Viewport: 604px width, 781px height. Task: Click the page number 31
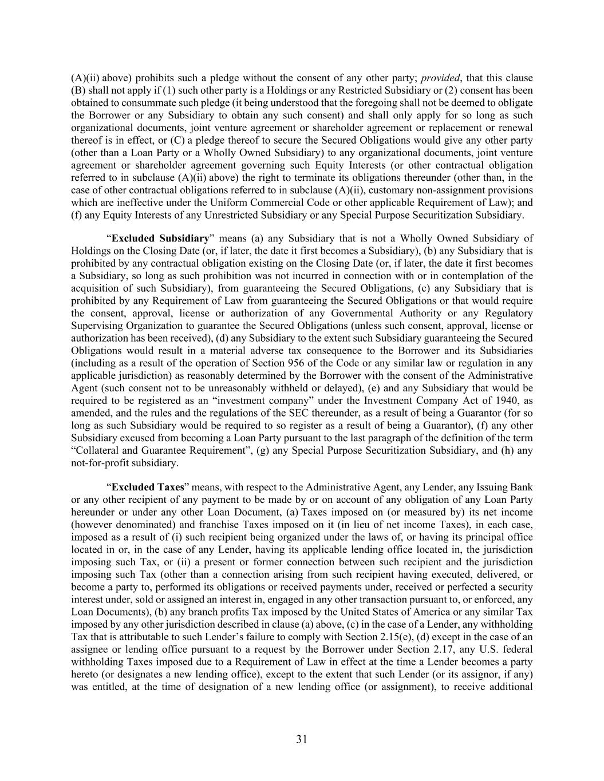coord(302,739)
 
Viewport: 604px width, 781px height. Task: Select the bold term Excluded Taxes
coord(148,487)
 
